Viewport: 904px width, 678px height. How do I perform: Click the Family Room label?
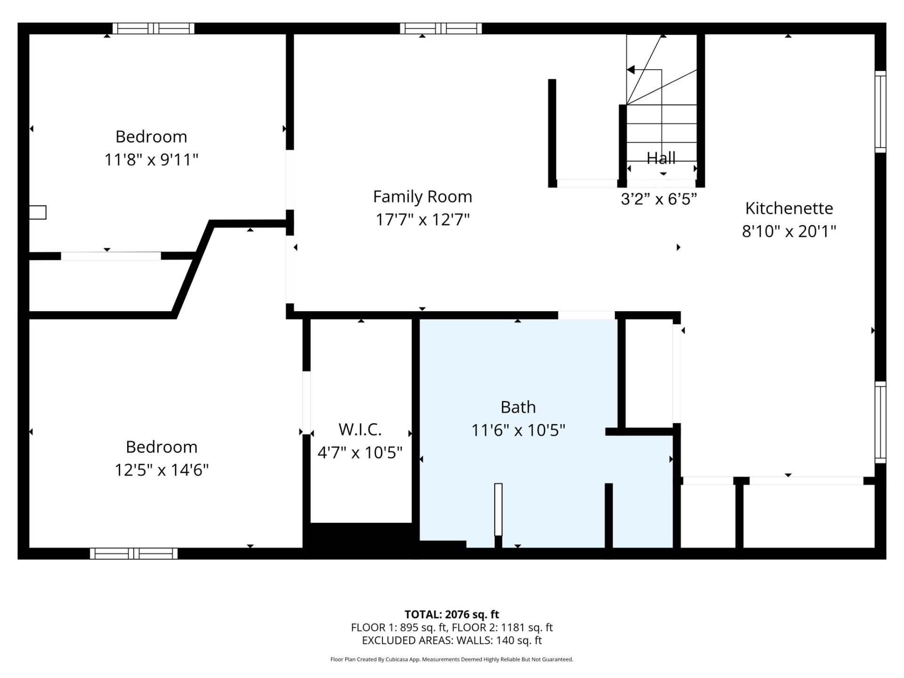(x=422, y=196)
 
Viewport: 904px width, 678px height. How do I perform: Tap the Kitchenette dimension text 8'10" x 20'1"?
(x=789, y=231)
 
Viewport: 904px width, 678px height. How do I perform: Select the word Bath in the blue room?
(x=518, y=407)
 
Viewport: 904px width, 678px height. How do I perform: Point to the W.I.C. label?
(x=360, y=429)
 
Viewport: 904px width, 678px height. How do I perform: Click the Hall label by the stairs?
(x=661, y=158)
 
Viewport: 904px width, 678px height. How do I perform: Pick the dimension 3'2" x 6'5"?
(x=659, y=199)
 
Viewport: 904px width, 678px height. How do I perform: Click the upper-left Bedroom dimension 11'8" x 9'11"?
(x=151, y=160)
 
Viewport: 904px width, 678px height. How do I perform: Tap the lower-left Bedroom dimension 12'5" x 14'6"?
(x=161, y=470)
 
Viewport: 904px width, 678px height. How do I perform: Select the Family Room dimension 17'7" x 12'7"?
(x=422, y=219)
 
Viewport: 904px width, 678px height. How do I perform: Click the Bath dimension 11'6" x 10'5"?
(x=518, y=430)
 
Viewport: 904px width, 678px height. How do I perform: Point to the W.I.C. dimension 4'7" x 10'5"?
(x=360, y=452)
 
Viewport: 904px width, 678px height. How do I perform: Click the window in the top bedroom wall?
(x=153, y=28)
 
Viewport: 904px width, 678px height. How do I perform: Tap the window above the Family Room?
(x=441, y=28)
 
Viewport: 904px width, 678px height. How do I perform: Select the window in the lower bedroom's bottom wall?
(x=134, y=553)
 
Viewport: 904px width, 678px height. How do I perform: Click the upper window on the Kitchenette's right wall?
(x=880, y=112)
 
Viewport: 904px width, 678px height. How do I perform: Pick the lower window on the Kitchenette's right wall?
(x=880, y=422)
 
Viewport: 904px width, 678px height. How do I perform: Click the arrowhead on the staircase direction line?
(x=631, y=70)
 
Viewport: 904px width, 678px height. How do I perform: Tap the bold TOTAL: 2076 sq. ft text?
(x=452, y=614)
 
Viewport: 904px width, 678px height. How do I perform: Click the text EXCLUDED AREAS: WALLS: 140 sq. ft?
(x=452, y=640)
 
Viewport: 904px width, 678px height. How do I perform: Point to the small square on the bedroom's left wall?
(x=38, y=212)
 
